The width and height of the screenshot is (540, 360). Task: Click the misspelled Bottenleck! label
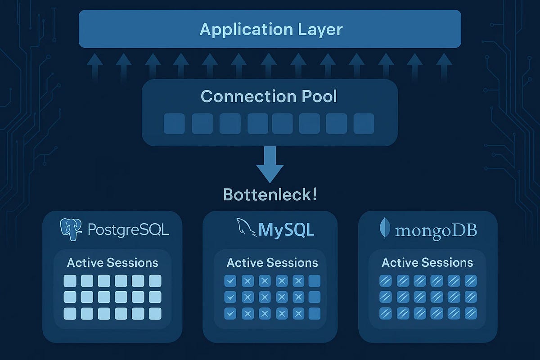[x=270, y=195]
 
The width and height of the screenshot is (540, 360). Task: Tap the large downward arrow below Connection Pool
[x=270, y=165]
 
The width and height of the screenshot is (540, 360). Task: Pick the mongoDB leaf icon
[x=385, y=229]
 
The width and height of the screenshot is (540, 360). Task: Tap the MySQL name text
[x=286, y=229]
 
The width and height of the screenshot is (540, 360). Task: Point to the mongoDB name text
[x=436, y=230]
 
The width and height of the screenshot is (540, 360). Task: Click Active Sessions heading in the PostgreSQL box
[x=112, y=263]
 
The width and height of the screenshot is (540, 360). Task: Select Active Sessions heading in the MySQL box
[x=272, y=263]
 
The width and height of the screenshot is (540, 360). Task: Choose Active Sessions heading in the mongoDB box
[x=427, y=263]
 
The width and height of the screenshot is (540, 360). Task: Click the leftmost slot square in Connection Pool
[x=174, y=124]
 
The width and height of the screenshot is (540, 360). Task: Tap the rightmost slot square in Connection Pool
[x=364, y=124]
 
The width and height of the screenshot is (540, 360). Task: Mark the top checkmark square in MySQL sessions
[x=230, y=281]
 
